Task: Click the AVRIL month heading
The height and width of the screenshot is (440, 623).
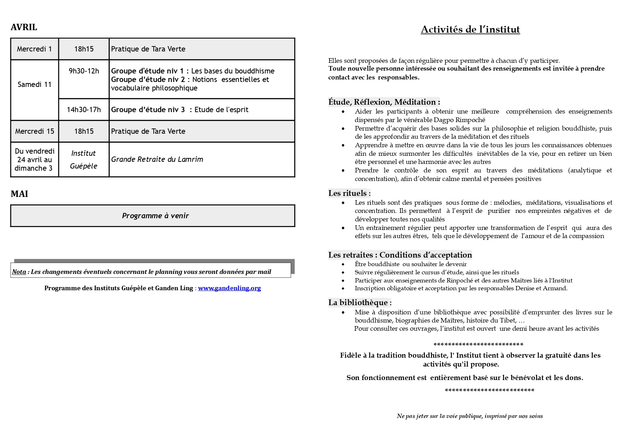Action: (24, 27)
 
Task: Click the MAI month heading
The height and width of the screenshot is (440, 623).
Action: (19, 194)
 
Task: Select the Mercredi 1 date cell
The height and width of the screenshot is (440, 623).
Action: (34, 49)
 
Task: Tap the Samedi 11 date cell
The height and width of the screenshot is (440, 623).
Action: (34, 84)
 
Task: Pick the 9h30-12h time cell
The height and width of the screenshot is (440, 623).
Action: (84, 71)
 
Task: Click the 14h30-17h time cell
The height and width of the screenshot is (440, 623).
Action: (84, 110)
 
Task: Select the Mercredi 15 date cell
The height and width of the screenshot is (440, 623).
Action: (34, 131)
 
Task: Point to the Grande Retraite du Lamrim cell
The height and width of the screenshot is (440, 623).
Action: (157, 159)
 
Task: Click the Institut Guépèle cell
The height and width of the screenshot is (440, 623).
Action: (83, 159)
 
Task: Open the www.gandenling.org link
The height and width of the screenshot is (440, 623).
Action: (229, 288)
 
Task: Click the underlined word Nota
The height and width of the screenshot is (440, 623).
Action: (19, 272)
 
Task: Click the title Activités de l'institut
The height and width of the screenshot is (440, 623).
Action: (470, 29)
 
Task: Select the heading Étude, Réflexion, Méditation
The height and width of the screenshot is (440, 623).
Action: (384, 102)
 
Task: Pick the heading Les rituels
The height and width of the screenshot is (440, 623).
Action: (349, 193)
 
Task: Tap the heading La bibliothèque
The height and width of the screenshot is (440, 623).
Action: (360, 303)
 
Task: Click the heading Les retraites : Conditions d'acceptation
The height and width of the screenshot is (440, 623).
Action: (400, 255)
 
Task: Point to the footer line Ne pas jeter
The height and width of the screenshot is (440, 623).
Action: (470, 416)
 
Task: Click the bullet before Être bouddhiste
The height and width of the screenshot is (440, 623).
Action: (343, 264)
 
